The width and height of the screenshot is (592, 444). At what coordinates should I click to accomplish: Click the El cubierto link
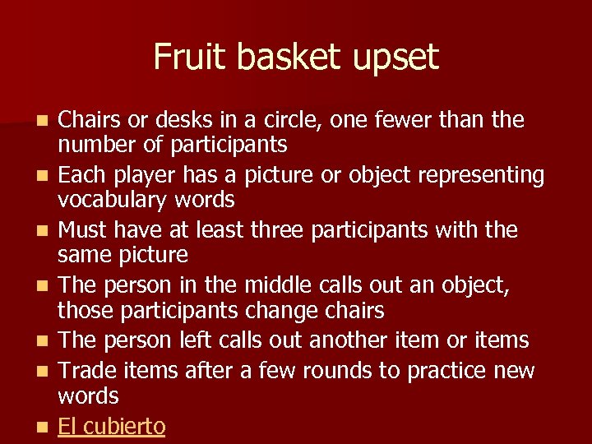[111, 427]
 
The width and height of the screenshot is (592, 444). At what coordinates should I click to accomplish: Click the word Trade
[86, 371]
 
